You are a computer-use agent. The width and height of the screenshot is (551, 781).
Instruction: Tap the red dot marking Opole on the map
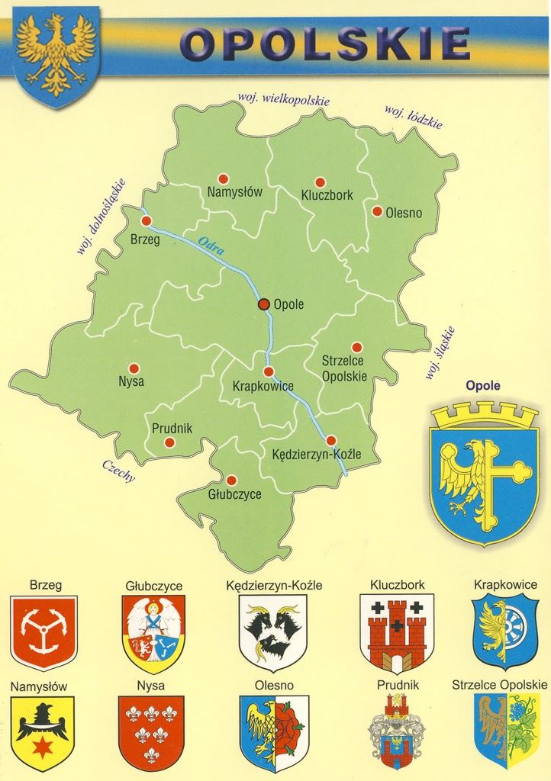coord(264,304)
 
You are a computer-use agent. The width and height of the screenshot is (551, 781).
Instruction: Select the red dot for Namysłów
coord(223,178)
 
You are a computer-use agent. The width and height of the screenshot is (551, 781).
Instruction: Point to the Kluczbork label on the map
coord(327,195)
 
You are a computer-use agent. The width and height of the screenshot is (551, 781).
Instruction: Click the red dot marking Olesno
coord(377,211)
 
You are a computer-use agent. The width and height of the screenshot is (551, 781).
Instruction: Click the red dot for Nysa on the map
coord(134,368)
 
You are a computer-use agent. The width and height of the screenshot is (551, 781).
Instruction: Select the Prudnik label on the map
coord(172,429)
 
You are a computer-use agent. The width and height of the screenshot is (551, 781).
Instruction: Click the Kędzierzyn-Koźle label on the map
coord(316,455)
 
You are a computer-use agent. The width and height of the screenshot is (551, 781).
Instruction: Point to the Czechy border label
coord(118,471)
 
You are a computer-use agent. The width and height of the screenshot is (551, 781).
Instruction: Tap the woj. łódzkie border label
coord(413,117)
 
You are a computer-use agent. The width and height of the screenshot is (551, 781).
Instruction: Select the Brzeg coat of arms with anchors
coord(43,632)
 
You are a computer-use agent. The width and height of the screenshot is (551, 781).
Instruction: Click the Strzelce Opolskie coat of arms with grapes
coord(505,730)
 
